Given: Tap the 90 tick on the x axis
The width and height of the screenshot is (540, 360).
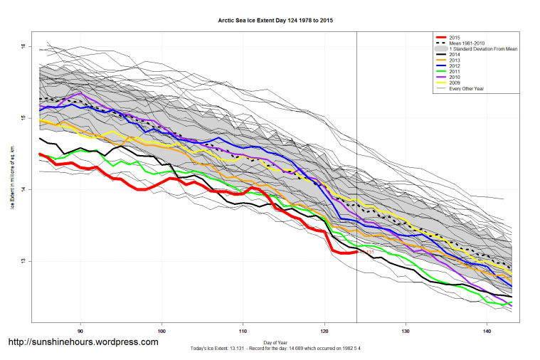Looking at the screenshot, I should [80, 331].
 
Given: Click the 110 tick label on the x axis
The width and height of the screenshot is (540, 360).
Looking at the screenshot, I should [243, 331].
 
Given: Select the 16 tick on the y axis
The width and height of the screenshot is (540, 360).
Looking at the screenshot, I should [23, 46].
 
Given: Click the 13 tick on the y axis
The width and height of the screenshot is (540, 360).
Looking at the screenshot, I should [23, 261].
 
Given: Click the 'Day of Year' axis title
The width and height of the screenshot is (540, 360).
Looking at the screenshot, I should [275, 342].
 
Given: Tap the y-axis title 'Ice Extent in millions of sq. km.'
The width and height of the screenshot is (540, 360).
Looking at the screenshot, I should [12, 179].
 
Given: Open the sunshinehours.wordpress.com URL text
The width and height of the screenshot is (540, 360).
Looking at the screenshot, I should [83, 342].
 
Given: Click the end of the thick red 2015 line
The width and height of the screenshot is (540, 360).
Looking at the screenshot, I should [356, 251].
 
